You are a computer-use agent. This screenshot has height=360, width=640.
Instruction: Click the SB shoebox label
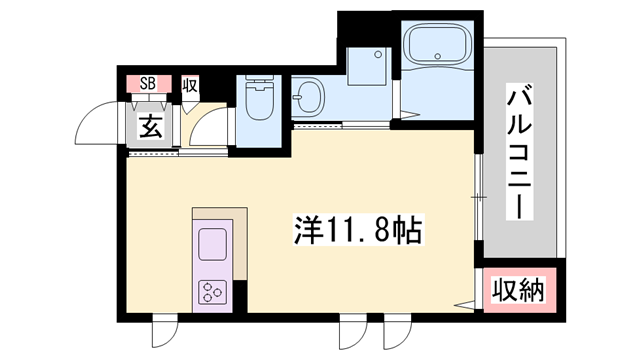[x=147, y=83]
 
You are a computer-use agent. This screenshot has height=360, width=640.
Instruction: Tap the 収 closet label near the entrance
[x=190, y=84]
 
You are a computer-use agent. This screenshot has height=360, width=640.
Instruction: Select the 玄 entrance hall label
[x=150, y=127]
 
